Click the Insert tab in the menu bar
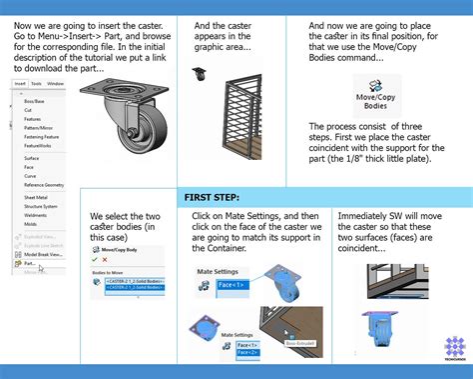[17, 84]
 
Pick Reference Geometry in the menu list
[46, 184]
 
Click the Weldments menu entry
[36, 215]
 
